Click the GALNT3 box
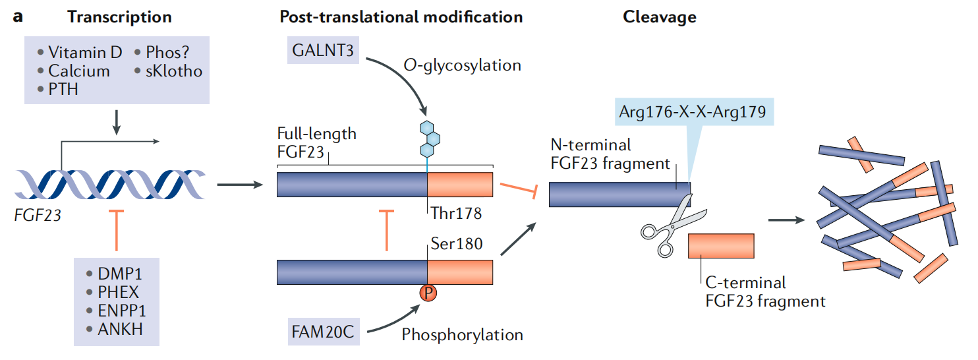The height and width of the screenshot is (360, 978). pyautogui.click(x=322, y=50)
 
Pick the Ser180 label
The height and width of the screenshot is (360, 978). pyautogui.click(x=456, y=244)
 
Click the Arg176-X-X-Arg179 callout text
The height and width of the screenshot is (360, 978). pyautogui.click(x=691, y=113)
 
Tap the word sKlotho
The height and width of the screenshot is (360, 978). pyautogui.click(x=173, y=71)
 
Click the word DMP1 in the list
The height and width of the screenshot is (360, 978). pyautogui.click(x=116, y=274)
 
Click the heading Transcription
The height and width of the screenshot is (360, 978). pyautogui.click(x=119, y=17)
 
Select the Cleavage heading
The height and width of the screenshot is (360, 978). pyautogui.click(x=659, y=17)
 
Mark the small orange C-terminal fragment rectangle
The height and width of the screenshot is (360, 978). pyautogui.click(x=722, y=245)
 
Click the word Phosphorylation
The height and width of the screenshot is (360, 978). pyautogui.click(x=462, y=334)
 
